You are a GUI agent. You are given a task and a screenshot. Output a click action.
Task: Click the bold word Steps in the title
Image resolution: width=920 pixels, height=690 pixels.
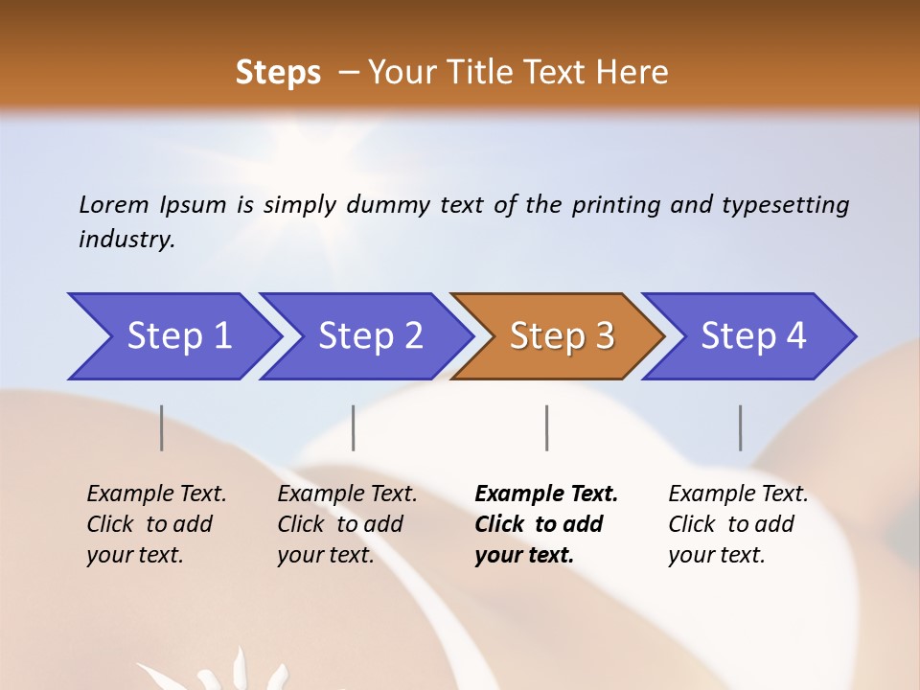tap(278, 73)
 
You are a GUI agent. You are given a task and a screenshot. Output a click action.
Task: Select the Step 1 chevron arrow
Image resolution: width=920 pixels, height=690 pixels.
tap(177, 335)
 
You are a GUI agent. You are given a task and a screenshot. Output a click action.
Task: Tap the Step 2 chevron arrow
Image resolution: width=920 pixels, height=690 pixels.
tap(369, 335)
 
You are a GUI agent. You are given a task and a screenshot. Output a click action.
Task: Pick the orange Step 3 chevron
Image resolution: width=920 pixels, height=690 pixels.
tap(561, 335)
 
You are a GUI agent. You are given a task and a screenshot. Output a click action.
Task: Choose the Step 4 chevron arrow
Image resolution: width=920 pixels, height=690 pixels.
tap(752, 335)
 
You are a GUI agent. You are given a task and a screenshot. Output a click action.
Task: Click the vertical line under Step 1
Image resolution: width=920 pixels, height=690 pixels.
tap(162, 427)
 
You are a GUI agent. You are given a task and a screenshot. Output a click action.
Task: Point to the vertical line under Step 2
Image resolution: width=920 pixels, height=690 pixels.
tap(354, 427)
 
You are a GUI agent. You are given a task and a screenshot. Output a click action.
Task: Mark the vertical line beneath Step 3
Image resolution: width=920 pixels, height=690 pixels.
tap(547, 427)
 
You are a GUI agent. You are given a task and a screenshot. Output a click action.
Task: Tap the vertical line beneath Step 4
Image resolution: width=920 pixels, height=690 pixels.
tap(741, 427)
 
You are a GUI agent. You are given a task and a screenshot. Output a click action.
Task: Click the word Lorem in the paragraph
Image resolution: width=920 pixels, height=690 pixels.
tap(114, 204)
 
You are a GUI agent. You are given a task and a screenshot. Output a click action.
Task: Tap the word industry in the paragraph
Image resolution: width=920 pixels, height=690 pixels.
tap(126, 240)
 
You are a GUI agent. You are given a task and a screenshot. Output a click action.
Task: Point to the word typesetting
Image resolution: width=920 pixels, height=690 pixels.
tap(785, 205)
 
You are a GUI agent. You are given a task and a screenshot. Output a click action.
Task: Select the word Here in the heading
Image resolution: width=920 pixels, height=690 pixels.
tap(633, 73)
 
